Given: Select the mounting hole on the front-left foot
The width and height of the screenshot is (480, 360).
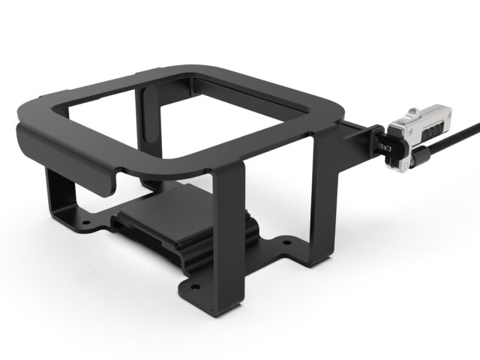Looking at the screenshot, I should [86, 223].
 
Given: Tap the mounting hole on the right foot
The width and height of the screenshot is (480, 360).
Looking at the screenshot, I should [286, 242].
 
